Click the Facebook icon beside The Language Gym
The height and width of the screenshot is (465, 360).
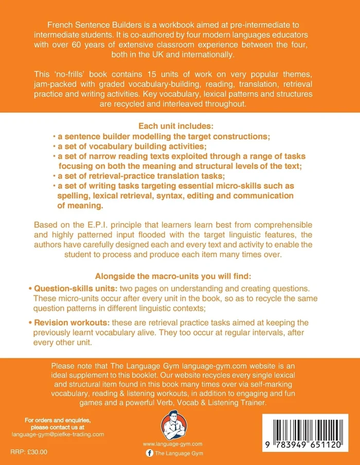click(149, 453)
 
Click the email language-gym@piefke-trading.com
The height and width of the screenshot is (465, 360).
click(58, 434)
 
